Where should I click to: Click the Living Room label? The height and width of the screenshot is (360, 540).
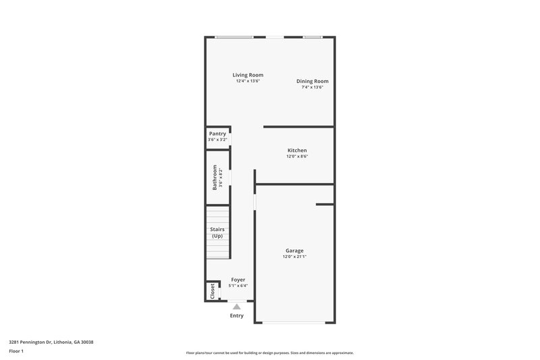[x=248, y=75]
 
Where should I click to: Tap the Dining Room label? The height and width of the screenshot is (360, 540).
[x=313, y=81]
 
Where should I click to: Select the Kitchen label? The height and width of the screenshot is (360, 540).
[x=297, y=150]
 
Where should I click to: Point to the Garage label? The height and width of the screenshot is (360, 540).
[x=294, y=251]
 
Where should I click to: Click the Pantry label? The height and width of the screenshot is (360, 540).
[x=217, y=134]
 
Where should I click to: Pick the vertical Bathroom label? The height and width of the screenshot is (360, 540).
[x=215, y=177]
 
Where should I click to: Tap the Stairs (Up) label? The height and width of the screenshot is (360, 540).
[x=217, y=232]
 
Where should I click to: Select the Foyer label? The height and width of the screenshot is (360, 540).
[x=238, y=280]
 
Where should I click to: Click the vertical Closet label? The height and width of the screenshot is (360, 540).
[x=213, y=291]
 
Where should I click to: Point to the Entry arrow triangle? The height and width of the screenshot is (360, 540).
[x=236, y=307]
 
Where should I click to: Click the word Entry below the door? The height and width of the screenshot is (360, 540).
[x=236, y=315]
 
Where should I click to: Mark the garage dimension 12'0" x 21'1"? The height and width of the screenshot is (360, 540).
[x=294, y=257]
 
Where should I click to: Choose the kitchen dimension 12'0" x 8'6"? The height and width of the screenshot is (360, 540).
[x=297, y=157]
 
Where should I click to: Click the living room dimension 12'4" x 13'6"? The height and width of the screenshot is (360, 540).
[x=248, y=81]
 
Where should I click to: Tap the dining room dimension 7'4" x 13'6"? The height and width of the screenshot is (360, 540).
[x=313, y=87]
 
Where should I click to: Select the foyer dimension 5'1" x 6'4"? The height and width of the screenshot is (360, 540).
[x=238, y=286]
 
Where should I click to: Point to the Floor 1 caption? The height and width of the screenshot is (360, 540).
[x=16, y=352]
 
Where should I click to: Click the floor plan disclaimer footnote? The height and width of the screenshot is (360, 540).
[x=269, y=353]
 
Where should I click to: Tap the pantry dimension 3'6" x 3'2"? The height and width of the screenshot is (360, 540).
[x=217, y=140]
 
